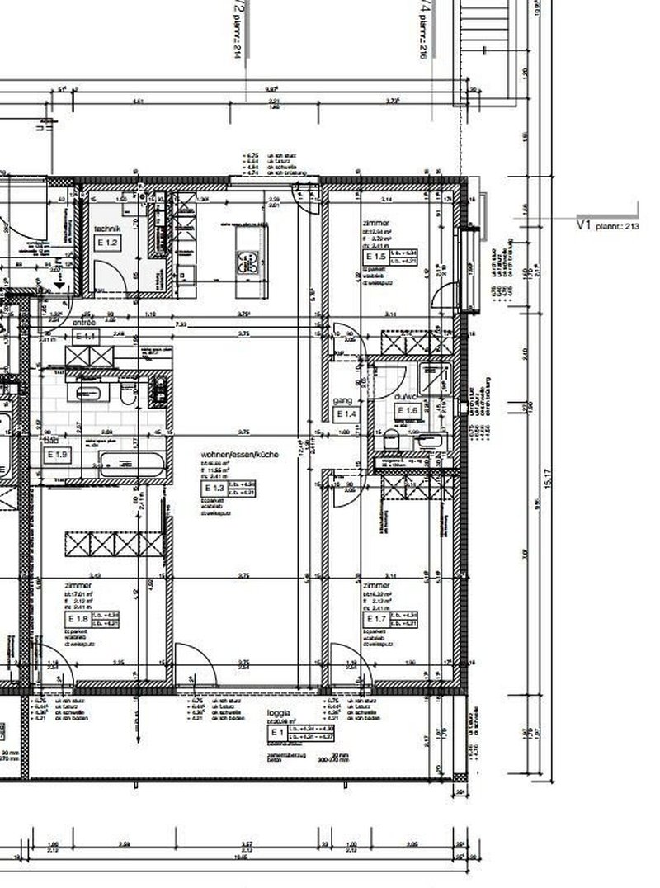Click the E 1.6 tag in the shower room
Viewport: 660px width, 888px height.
(408, 410)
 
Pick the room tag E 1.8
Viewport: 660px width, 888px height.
(78, 618)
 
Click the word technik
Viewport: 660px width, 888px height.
(108, 229)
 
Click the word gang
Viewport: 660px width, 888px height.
(342, 400)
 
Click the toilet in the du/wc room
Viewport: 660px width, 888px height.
(392, 439)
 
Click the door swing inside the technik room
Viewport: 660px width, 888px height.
(104, 273)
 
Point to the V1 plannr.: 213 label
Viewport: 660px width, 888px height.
(608, 223)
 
